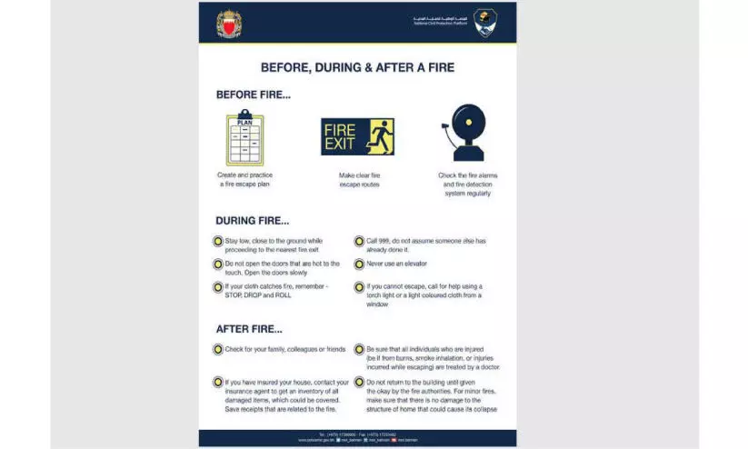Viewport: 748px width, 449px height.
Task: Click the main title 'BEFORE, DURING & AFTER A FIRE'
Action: click(357, 67)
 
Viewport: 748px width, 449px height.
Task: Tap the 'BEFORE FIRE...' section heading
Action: click(253, 95)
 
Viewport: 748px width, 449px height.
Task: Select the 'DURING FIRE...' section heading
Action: click(253, 220)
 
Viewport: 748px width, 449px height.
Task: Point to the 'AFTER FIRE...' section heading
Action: click(249, 329)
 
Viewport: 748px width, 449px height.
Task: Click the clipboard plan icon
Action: click(244, 138)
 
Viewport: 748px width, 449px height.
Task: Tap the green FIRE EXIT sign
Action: click(357, 136)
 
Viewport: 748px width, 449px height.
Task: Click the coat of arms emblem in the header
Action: click(230, 23)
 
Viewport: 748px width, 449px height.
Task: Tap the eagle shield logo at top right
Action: click(484, 22)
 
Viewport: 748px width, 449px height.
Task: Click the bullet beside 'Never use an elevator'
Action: click(359, 264)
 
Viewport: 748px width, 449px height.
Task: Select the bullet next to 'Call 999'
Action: click(359, 242)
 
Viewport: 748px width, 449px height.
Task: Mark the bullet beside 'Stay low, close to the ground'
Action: click(218, 242)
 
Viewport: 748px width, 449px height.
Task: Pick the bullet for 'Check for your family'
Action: click(218, 349)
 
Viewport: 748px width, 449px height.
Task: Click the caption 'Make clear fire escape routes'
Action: click(356, 179)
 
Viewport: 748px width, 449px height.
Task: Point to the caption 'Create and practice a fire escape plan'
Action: click(244, 179)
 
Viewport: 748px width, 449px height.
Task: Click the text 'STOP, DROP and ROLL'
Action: click(258, 296)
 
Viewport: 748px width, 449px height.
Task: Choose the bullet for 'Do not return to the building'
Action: click(359, 383)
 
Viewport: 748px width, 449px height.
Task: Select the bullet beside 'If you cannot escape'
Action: click(359, 287)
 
